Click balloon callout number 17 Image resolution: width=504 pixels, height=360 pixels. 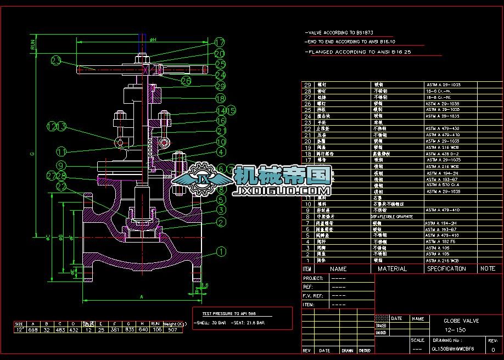coord(220,42)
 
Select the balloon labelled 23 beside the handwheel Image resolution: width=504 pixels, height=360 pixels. coord(57,60)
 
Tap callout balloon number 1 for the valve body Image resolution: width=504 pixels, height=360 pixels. coord(221,252)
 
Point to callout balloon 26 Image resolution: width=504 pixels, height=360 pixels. coord(186,81)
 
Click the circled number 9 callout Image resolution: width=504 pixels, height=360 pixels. coord(61,165)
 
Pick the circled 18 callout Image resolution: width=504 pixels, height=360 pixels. coord(220,99)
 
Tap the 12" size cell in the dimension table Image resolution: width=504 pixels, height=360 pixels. coord(19,330)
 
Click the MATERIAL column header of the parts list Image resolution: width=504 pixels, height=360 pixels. coord(392,269)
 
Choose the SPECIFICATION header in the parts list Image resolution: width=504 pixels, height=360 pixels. coord(446,269)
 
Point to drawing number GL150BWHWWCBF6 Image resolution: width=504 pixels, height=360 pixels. coord(453,348)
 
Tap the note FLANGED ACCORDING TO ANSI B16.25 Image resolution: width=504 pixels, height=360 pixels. coord(360,52)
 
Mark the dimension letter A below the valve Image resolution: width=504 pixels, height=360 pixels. coord(142,296)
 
